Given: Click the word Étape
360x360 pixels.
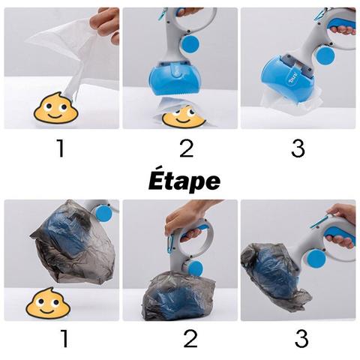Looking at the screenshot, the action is tap(184, 181).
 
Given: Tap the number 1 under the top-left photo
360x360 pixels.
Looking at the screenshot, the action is tap(61, 148).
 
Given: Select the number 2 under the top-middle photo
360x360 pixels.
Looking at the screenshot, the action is tap(187, 148).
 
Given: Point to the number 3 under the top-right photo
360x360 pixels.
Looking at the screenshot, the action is tap(298, 148).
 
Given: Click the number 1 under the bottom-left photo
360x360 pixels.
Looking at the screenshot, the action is tap(64, 338).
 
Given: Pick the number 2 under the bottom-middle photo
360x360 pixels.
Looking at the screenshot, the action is tap(190, 338).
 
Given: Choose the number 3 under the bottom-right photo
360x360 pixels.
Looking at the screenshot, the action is tap(301, 339).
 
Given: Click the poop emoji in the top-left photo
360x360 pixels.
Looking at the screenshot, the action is tap(56, 108).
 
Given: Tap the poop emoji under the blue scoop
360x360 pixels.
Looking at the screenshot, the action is tap(184, 116).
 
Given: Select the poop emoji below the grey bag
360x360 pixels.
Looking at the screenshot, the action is tap(48, 303).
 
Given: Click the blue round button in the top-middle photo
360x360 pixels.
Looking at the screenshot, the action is tap(190, 43).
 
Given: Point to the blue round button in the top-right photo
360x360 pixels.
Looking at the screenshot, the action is tap(325, 55).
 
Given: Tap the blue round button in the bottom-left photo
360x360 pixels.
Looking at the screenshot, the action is tap(103, 214).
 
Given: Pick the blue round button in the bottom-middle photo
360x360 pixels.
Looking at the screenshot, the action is tap(196, 269).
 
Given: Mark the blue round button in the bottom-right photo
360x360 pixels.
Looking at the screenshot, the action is tap(316, 259).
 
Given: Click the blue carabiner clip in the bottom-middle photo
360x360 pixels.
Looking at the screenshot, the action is tap(171, 244).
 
